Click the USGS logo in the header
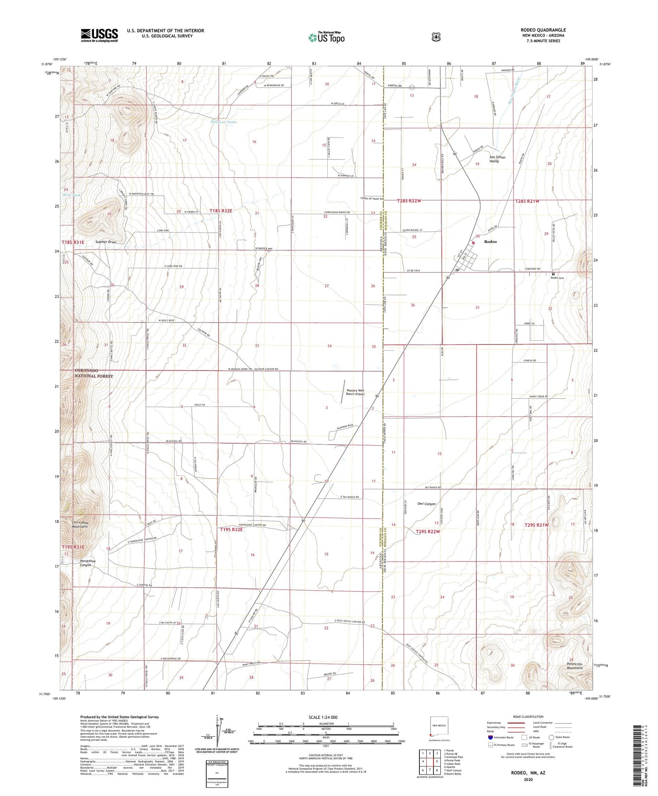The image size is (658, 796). point(99,35)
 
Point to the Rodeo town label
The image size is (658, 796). point(490,242)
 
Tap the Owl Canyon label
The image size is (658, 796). point(426,504)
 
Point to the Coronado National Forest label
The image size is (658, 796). point(93,374)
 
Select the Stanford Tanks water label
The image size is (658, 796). point(223,122)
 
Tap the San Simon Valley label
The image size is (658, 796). point(497,159)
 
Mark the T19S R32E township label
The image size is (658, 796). point(231,530)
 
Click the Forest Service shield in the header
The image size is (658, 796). point(436,37)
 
